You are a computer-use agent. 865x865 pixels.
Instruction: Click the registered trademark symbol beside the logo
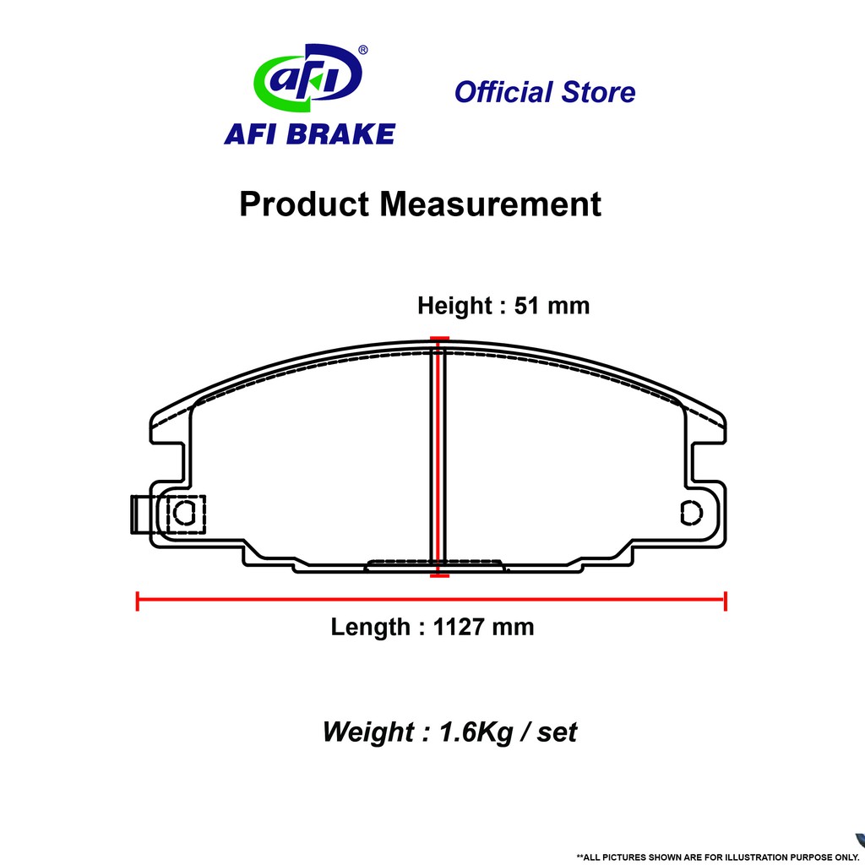[x=362, y=51]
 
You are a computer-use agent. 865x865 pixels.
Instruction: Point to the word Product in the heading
[x=304, y=204]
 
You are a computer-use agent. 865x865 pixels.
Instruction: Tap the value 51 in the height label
[x=528, y=305]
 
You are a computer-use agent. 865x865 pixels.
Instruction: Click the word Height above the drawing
[x=454, y=305]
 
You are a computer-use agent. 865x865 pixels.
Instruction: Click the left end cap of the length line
[x=138, y=601]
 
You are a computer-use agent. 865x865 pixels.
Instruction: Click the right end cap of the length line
[x=726, y=601]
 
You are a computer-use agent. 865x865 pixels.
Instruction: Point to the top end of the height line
[x=438, y=340]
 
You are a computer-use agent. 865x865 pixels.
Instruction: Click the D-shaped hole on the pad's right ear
[x=690, y=512]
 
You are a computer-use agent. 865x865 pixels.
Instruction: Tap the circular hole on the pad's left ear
[x=184, y=512]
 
